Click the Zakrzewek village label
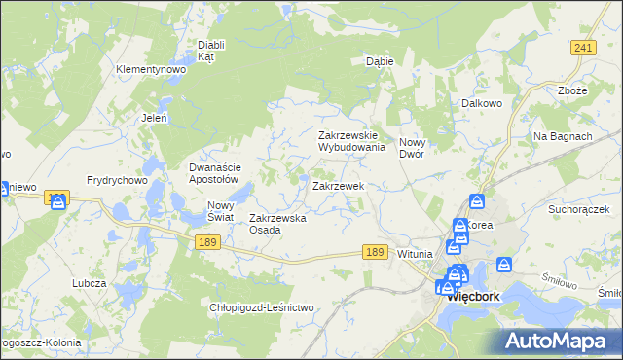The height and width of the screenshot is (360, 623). tap(338, 185)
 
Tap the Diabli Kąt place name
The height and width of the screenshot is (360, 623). tap(211, 51)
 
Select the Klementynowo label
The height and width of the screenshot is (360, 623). tap(151, 70)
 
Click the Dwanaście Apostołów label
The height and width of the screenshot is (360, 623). tap(213, 173)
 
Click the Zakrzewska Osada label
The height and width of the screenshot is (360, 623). tap(278, 224)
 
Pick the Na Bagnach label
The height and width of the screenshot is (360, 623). tap(563, 136)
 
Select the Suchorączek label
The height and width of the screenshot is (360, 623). tap(578, 209)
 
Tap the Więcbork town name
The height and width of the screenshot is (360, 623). tap(473, 300)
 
